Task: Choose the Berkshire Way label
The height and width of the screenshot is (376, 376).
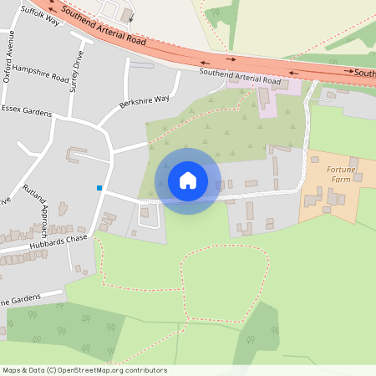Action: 144,99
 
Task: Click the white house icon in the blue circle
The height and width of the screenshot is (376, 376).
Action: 188,180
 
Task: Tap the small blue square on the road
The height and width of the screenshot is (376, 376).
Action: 99,188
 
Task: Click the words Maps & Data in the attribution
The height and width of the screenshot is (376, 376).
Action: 23,370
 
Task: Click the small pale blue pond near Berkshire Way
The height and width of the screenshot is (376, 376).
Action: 142,64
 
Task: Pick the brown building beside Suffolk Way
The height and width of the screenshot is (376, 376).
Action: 127,14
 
